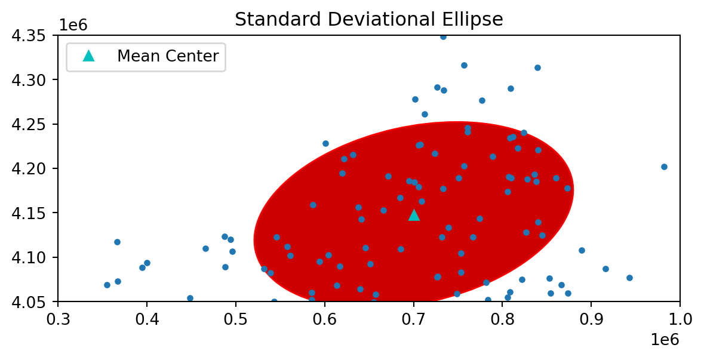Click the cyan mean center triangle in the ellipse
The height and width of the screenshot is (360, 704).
tap(414, 215)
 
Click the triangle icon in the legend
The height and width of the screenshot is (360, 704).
tap(89, 56)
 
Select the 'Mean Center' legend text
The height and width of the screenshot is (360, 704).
tap(168, 56)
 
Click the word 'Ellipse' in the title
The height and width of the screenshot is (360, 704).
tap(475, 20)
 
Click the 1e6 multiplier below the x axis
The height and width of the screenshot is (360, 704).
tap(664, 340)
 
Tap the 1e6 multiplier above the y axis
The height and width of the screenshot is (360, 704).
tap(74, 26)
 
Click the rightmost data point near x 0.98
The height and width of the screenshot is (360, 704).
tap(664, 167)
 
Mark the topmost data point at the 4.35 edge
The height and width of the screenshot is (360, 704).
tap(443, 36)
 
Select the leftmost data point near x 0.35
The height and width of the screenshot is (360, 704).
tap(107, 285)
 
